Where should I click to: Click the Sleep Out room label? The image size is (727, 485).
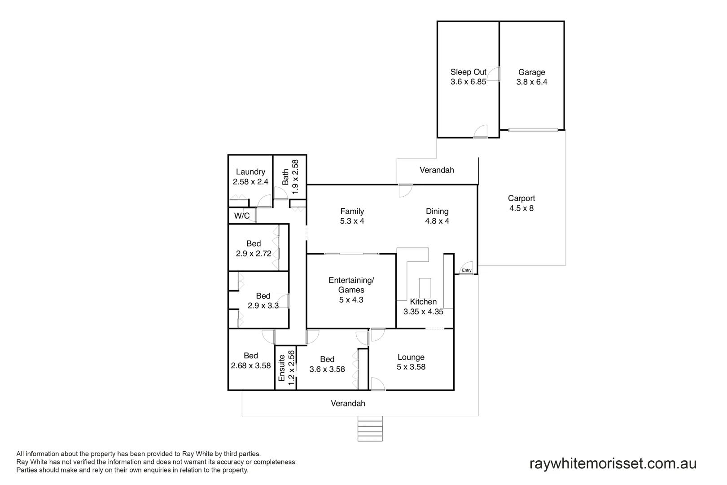[x=468, y=72]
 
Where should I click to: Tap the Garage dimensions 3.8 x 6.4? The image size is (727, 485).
[x=532, y=82]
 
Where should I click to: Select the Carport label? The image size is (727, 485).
[x=521, y=198]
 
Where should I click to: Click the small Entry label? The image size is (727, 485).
[x=466, y=270]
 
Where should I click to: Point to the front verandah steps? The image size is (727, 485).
[x=370, y=428]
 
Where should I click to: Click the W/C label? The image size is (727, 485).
[x=242, y=216]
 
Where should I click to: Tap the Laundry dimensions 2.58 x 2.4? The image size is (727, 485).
[x=250, y=182]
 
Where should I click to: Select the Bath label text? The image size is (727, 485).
[x=285, y=177]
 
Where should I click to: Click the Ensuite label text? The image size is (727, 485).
[x=282, y=368]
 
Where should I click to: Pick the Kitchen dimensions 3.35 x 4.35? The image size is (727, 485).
[x=423, y=312]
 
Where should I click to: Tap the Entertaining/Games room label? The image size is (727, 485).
[x=351, y=285]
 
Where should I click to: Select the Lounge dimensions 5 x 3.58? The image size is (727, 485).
[x=411, y=367]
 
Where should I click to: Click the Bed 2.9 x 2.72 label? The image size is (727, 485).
[x=254, y=248]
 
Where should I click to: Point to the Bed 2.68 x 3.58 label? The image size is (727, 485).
[x=251, y=361]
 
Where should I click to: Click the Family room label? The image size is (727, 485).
[x=352, y=211]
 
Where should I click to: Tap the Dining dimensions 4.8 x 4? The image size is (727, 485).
[x=437, y=221]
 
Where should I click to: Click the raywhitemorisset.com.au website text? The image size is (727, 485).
[x=613, y=463]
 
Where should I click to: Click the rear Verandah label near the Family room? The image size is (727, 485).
[x=437, y=170]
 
